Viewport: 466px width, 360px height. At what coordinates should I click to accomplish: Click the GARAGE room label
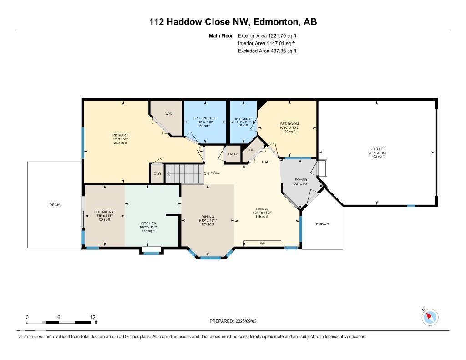[378, 149]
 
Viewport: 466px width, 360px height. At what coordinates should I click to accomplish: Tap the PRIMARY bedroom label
[121, 135]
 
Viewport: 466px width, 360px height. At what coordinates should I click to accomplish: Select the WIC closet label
[168, 114]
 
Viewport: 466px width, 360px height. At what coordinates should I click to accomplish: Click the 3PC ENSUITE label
[205, 118]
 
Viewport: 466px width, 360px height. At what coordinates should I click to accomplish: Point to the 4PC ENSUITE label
[243, 119]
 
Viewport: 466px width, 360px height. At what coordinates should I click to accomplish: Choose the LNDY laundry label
[233, 154]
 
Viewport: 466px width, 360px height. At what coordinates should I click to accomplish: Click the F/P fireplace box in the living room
[263, 244]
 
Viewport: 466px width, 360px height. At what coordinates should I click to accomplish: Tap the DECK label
[54, 205]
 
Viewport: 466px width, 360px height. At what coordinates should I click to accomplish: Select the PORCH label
[322, 223]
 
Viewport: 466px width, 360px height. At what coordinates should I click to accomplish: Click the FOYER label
[300, 180]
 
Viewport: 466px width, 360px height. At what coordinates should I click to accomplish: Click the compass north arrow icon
[430, 317]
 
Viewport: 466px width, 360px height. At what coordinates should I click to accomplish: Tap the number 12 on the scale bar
[93, 317]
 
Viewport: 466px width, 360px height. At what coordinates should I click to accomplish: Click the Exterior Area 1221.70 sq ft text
[267, 35]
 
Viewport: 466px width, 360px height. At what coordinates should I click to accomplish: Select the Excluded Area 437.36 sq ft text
[267, 51]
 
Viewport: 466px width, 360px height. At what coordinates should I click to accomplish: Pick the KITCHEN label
[148, 223]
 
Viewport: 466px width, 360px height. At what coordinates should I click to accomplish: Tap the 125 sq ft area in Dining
[208, 224]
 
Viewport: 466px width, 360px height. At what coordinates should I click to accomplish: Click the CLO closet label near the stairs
[157, 173]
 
